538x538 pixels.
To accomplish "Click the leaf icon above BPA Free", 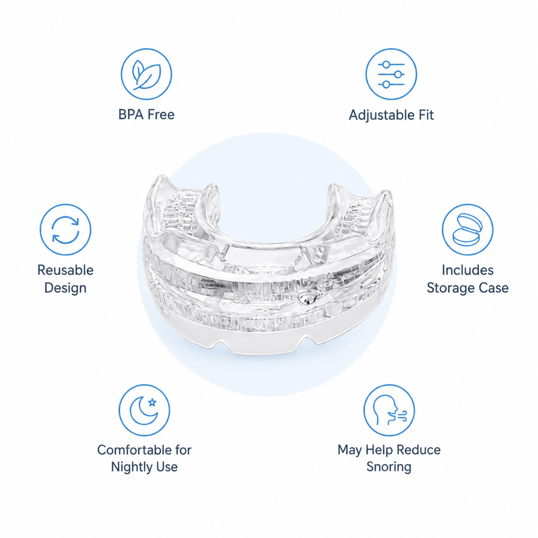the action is click(x=146, y=74).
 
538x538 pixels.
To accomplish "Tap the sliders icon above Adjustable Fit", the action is click(x=391, y=74).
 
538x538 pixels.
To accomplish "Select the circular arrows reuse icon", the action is click(x=65, y=230).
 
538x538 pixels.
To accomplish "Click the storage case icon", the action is click(x=467, y=230).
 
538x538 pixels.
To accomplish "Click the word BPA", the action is click(x=131, y=115).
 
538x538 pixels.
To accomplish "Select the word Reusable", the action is click(x=65, y=270).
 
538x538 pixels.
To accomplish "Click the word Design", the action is click(x=65, y=288).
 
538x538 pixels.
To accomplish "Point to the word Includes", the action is click(x=467, y=270).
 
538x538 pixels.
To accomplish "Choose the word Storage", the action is click(x=449, y=288).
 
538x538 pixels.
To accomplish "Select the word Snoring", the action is click(x=389, y=467).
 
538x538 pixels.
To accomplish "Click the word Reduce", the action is click(x=418, y=450).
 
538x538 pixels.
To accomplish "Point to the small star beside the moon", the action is click(x=152, y=402).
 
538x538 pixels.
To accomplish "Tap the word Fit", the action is click(x=426, y=115).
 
